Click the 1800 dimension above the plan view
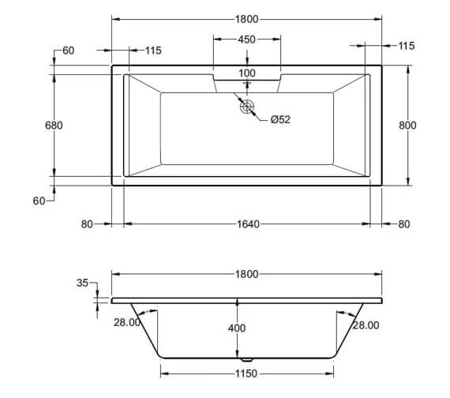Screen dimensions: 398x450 click(x=247, y=18)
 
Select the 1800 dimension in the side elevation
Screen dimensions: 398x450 click(x=247, y=274)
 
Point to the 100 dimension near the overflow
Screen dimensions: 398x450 click(x=247, y=73)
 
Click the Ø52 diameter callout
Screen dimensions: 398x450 click(x=280, y=119)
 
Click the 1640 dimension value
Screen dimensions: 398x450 click(x=247, y=224)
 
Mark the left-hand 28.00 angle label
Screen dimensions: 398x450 click(x=127, y=322)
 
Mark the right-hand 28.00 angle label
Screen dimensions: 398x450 click(x=366, y=325)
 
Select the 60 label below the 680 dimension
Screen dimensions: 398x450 click(x=39, y=201)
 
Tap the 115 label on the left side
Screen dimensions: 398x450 click(x=153, y=51)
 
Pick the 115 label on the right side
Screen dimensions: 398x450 click(x=407, y=46)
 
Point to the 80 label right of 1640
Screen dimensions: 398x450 click(x=404, y=224)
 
